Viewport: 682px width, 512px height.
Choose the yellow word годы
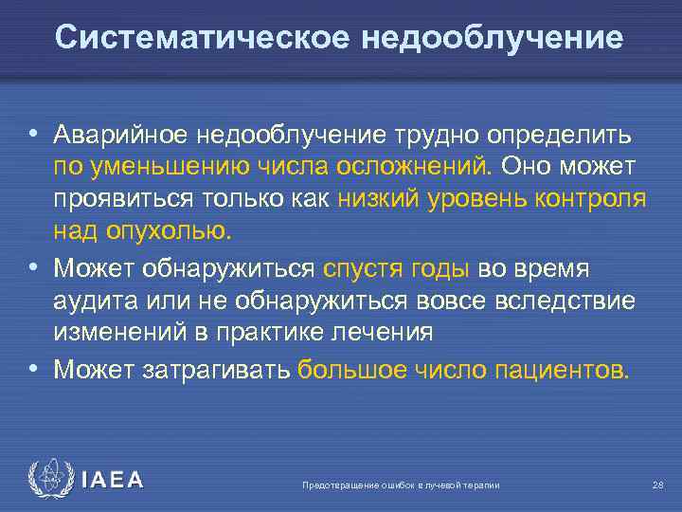pyautogui.click(x=440, y=268)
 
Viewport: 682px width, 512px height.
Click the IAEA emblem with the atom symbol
pyautogui.click(x=50, y=481)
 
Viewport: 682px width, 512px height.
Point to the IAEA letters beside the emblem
pyautogui.click(x=113, y=481)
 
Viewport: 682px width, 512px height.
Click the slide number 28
pyautogui.click(x=657, y=485)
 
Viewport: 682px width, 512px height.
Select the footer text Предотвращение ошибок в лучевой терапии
pyautogui.click(x=401, y=485)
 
